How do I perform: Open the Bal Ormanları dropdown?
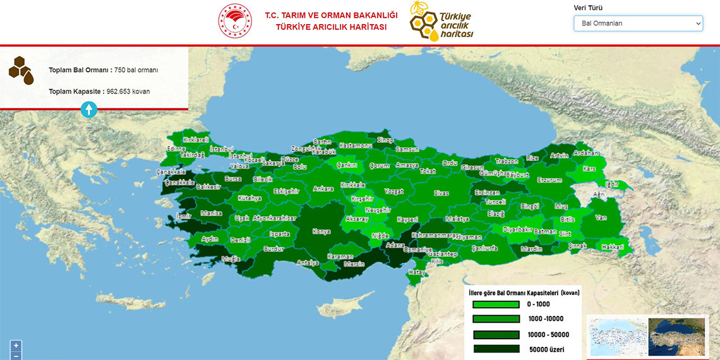click(x=638, y=23)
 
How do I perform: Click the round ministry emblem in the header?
click(x=235, y=21)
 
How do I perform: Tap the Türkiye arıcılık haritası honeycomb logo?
click(x=441, y=22)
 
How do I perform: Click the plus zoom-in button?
click(x=16, y=345)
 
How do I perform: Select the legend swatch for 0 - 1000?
click(x=496, y=304)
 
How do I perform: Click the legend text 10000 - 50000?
click(x=548, y=335)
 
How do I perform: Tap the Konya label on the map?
click(x=321, y=232)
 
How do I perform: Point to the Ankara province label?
click(x=323, y=189)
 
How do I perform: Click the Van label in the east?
click(x=601, y=218)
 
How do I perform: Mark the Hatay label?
click(x=416, y=272)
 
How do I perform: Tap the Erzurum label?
click(x=549, y=180)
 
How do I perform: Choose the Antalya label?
click(x=308, y=263)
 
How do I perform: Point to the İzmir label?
click(x=184, y=216)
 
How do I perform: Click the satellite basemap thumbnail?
click(x=676, y=335)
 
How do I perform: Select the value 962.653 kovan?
click(x=128, y=92)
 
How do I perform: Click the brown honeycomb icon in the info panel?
click(x=21, y=70)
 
